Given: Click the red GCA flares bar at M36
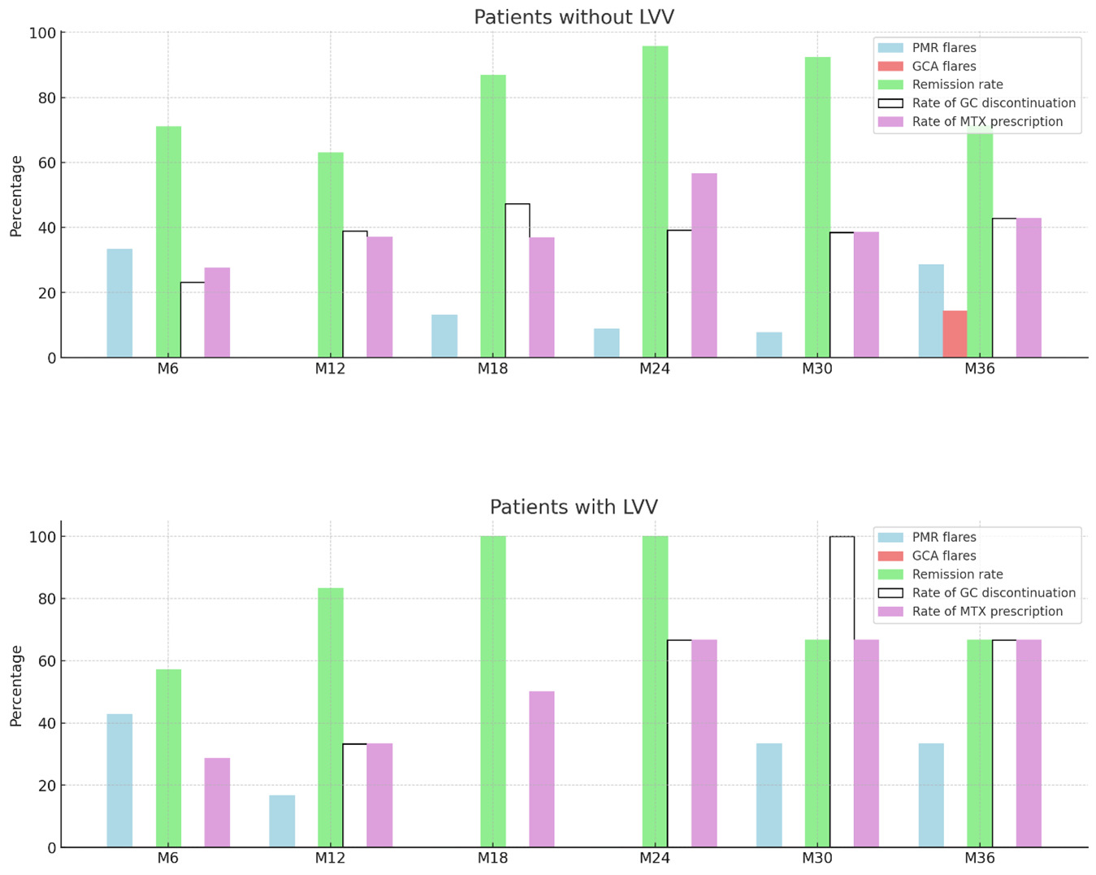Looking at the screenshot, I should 955,334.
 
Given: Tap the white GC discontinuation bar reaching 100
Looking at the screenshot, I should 842,691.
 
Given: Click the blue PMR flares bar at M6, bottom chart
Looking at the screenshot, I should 119,780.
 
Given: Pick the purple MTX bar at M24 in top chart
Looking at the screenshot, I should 704,265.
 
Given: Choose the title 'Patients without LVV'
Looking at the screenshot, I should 574,17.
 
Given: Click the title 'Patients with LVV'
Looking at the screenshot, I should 574,507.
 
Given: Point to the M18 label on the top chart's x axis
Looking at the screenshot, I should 492,369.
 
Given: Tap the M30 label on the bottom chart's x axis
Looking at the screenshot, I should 817,859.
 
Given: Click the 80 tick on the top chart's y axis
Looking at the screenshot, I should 45,98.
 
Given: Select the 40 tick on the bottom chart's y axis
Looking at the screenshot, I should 45,723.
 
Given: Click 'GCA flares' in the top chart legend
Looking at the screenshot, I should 943,66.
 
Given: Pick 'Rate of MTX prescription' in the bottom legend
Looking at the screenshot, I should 987,611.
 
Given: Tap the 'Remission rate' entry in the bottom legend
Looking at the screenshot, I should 957,574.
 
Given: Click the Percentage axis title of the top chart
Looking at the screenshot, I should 16,196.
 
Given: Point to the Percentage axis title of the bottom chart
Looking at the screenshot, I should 16,686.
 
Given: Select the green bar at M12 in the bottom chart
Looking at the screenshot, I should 331,717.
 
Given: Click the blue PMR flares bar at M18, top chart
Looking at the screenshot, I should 444,336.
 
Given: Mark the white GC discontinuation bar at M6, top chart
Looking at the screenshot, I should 193,319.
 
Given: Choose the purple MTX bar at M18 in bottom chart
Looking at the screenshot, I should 542,769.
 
